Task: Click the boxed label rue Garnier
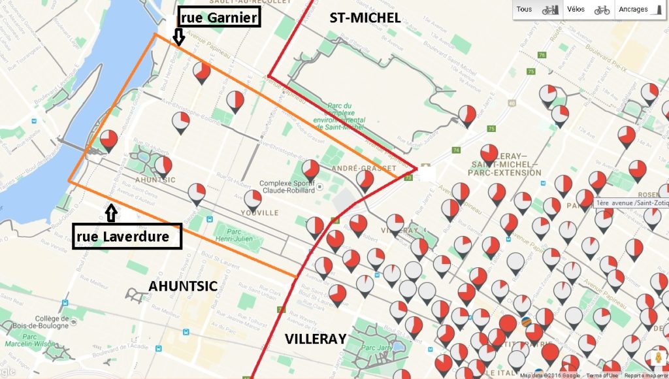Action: [220, 18]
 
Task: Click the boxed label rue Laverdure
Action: [127, 236]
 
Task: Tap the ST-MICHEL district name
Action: [365, 18]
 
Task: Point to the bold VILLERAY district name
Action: [315, 338]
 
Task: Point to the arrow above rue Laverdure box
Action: [110, 212]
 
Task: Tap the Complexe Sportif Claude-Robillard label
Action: [288, 187]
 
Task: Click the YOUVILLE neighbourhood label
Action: [259, 212]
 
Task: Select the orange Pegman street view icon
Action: [657, 359]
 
